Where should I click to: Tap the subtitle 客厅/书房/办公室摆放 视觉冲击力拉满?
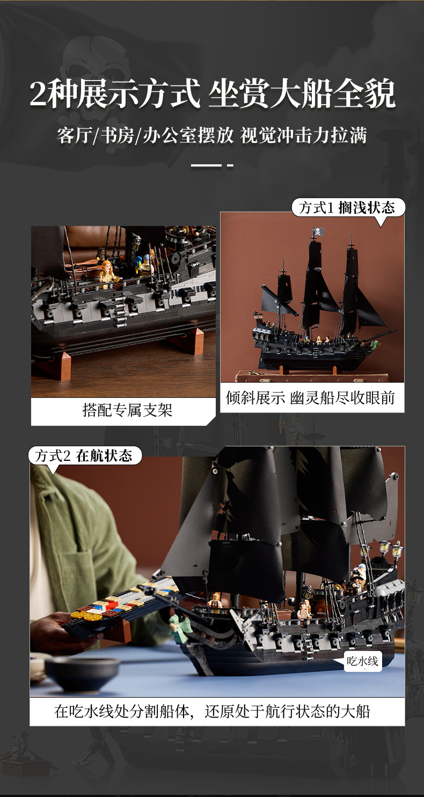212,135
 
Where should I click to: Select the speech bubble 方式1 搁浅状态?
348,207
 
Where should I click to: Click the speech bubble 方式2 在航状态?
85,455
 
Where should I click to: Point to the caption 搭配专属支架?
127,410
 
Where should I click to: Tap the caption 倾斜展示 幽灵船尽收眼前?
310,397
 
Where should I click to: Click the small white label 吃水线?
362,662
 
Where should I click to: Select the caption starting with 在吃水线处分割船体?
213,711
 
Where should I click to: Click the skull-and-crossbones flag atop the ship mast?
318,231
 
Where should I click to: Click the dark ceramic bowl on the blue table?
82,673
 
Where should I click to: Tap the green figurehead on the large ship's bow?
179,629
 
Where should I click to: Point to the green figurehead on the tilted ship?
375,344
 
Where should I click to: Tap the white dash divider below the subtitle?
212,165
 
